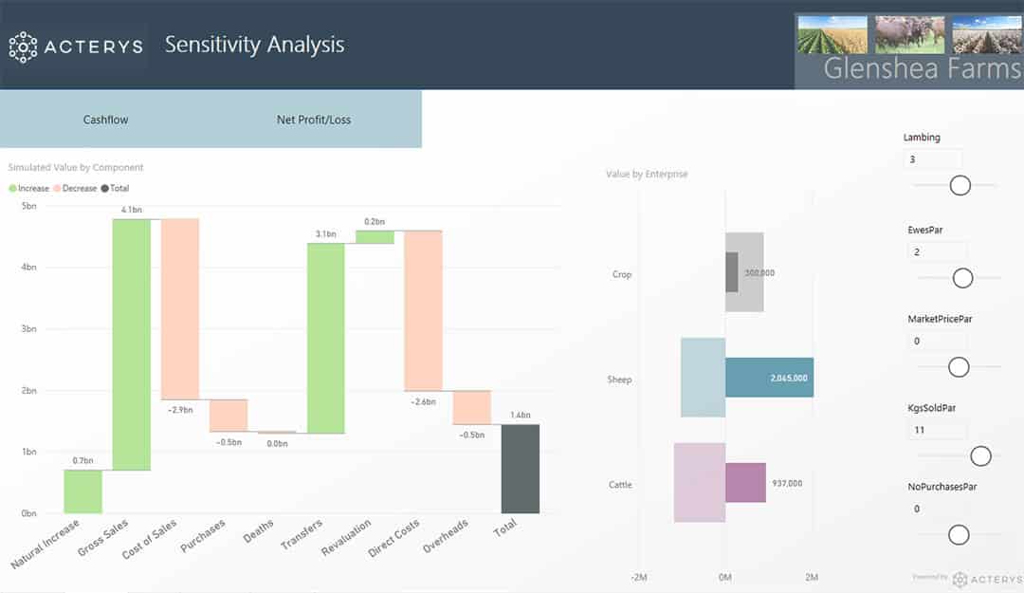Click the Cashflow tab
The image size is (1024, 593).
[x=105, y=120]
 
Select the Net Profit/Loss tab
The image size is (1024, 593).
[x=314, y=120]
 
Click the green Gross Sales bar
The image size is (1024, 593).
[x=132, y=344]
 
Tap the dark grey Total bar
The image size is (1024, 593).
[x=520, y=469]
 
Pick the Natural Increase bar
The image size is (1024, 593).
[x=82, y=491]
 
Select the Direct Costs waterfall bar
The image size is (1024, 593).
[x=423, y=310]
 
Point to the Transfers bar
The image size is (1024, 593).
[x=325, y=339]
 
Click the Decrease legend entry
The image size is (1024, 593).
[x=75, y=188]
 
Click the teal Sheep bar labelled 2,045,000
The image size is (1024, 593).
[x=769, y=378]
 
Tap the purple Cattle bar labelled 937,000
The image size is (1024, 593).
[x=745, y=483]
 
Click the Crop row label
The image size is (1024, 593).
[x=621, y=274]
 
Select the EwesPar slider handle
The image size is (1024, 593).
[x=962, y=278]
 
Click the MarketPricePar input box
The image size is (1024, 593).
[x=937, y=342]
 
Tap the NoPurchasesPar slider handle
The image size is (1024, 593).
[x=959, y=535]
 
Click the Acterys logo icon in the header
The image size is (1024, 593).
[x=23, y=46]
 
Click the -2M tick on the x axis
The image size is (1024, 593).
[x=639, y=577]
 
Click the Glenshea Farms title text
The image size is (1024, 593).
[x=921, y=68]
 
